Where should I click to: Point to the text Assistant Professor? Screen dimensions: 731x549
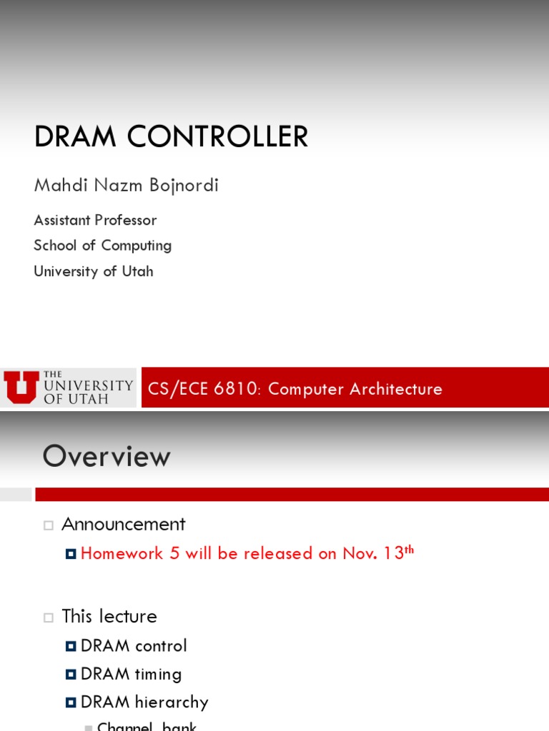tap(95, 220)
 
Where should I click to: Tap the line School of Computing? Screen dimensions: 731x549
tap(102, 246)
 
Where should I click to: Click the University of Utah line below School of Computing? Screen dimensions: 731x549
tap(93, 271)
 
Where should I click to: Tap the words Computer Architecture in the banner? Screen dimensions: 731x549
tap(355, 389)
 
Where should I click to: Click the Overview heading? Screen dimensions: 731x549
tap(107, 456)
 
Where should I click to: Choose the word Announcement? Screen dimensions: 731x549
tap(124, 524)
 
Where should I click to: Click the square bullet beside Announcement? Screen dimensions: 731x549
tap(49, 525)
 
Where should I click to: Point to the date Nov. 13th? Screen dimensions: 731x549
tap(378, 553)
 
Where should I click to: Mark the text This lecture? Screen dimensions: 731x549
tap(109, 616)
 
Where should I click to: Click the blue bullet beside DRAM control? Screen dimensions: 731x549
tap(70, 647)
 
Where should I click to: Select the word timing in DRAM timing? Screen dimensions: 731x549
tap(158, 674)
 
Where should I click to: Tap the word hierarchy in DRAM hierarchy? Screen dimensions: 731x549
tap(174, 702)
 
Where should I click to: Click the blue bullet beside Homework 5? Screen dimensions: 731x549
tap(70, 554)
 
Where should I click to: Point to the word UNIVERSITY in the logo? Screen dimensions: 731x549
tap(89, 385)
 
